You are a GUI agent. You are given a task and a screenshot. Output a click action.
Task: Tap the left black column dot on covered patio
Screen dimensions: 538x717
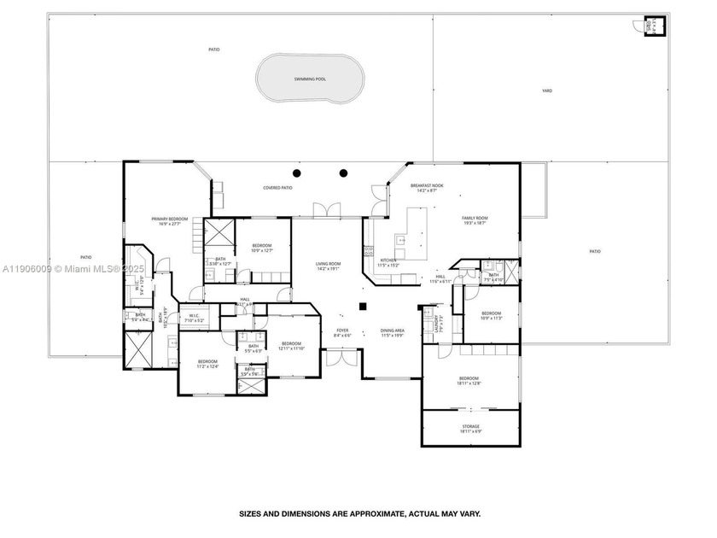click(296, 173)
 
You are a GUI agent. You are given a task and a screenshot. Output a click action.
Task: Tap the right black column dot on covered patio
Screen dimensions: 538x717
click(344, 173)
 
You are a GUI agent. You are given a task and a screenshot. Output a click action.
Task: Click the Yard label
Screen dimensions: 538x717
click(546, 90)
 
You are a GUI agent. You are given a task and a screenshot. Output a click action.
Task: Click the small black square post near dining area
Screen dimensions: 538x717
click(363, 306)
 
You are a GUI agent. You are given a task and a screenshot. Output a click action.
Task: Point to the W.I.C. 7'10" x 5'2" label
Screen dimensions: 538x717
click(194, 319)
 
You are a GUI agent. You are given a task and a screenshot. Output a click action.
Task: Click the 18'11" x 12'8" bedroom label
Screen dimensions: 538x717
click(469, 381)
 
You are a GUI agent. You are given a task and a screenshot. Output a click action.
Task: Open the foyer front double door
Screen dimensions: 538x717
click(341, 358)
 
